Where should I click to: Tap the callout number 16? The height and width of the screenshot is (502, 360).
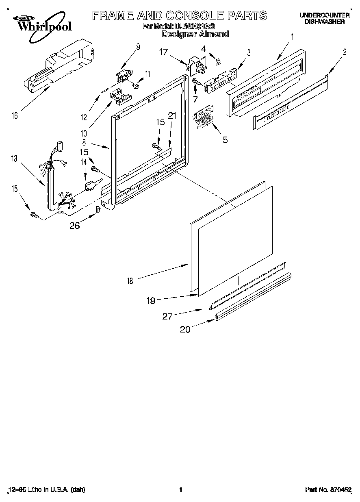pyautogui.click(x=15, y=116)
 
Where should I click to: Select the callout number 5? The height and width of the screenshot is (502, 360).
pyautogui.click(x=225, y=140)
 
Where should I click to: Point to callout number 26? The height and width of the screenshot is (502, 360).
pyautogui.click(x=74, y=226)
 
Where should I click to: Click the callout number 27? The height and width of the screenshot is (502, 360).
pyautogui.click(x=167, y=316)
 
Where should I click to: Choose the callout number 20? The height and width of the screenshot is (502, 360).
pyautogui.click(x=185, y=330)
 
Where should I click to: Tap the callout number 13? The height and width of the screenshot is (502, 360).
pyautogui.click(x=15, y=159)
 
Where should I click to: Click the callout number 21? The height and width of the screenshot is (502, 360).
pyautogui.click(x=172, y=116)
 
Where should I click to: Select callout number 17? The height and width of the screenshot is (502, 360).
pyautogui.click(x=163, y=52)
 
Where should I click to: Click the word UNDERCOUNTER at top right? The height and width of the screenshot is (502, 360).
pyautogui.click(x=324, y=15)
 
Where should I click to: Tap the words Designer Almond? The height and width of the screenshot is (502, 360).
pyautogui.click(x=195, y=35)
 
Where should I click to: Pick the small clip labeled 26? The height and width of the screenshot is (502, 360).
pyautogui.click(x=98, y=209)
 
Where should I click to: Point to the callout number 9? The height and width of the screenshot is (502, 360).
pyautogui.click(x=138, y=47)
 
